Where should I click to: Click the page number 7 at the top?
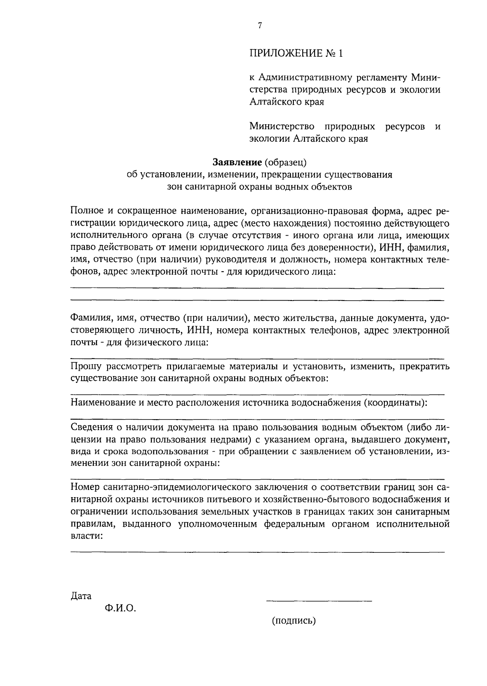[260, 26]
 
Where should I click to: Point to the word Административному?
[314, 77]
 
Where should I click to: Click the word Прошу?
[86, 367]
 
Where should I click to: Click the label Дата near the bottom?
[81, 596]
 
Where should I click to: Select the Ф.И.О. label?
[121, 608]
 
